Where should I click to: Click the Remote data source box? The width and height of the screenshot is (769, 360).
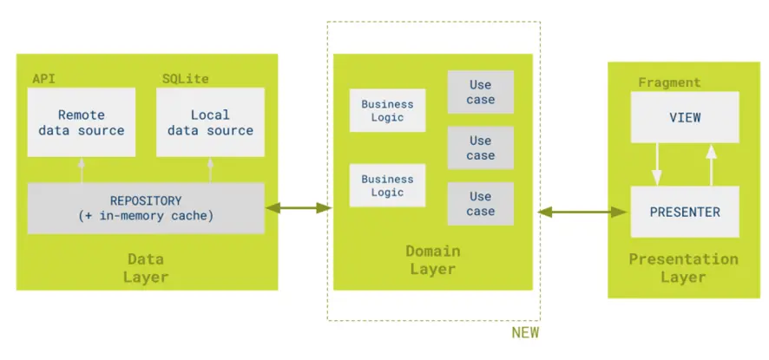82,122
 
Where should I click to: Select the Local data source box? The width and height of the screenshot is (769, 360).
210,122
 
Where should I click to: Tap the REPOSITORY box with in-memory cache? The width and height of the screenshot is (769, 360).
146,208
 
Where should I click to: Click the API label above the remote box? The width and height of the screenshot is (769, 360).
43,79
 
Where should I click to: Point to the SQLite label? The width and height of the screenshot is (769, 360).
186,79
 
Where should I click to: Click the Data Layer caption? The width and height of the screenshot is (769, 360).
146,268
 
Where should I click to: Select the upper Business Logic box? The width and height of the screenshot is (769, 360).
387,110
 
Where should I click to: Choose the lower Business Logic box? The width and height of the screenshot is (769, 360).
387,186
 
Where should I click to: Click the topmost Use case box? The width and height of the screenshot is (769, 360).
481,92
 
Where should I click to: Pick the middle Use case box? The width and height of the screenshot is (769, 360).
481,147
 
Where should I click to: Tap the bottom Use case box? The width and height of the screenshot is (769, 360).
481,204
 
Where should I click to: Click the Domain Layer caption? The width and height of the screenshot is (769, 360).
433,260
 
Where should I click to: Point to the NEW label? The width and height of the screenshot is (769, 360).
525,332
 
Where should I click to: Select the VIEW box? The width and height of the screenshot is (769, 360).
685,117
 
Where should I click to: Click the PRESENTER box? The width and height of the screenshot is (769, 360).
685,212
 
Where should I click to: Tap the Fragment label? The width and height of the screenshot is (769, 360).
669,82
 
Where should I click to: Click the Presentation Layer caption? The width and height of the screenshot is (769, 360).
684,268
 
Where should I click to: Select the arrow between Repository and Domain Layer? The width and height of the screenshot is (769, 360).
299,208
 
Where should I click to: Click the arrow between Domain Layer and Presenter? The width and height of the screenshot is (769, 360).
582,212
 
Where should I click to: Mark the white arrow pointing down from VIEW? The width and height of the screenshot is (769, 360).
657,164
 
